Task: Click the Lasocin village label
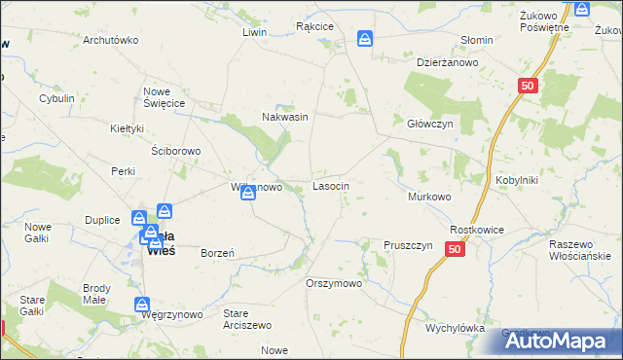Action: pyautogui.click(x=331, y=185)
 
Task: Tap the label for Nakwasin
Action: pyautogui.click(x=285, y=117)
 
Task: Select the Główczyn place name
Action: pyautogui.click(x=430, y=124)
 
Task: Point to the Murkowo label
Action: pyautogui.click(x=429, y=197)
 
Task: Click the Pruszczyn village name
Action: pyautogui.click(x=408, y=245)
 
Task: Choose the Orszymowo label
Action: pyautogui.click(x=334, y=283)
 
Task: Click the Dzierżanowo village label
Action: pyautogui.click(x=448, y=62)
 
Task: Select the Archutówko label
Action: pyautogui.click(x=111, y=41)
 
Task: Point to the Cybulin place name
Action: pyautogui.click(x=56, y=99)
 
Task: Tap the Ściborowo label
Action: pyautogui.click(x=176, y=151)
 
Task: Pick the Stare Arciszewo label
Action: pyautogui.click(x=248, y=319)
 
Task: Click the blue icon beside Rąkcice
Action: pyautogui.click(x=364, y=39)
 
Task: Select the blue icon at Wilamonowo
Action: pyautogui.click(x=249, y=191)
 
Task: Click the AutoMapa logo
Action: pyautogui.click(x=565, y=341)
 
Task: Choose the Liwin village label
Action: pyautogui.click(x=254, y=32)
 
